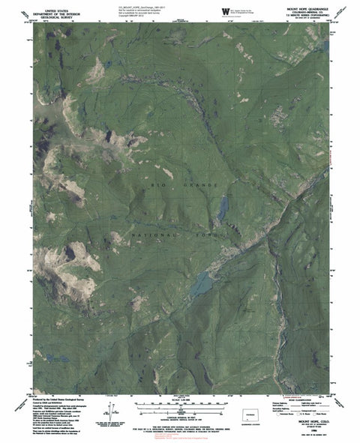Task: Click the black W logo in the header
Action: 226,10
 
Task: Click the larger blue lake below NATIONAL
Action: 201,283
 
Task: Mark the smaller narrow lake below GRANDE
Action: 223,209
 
